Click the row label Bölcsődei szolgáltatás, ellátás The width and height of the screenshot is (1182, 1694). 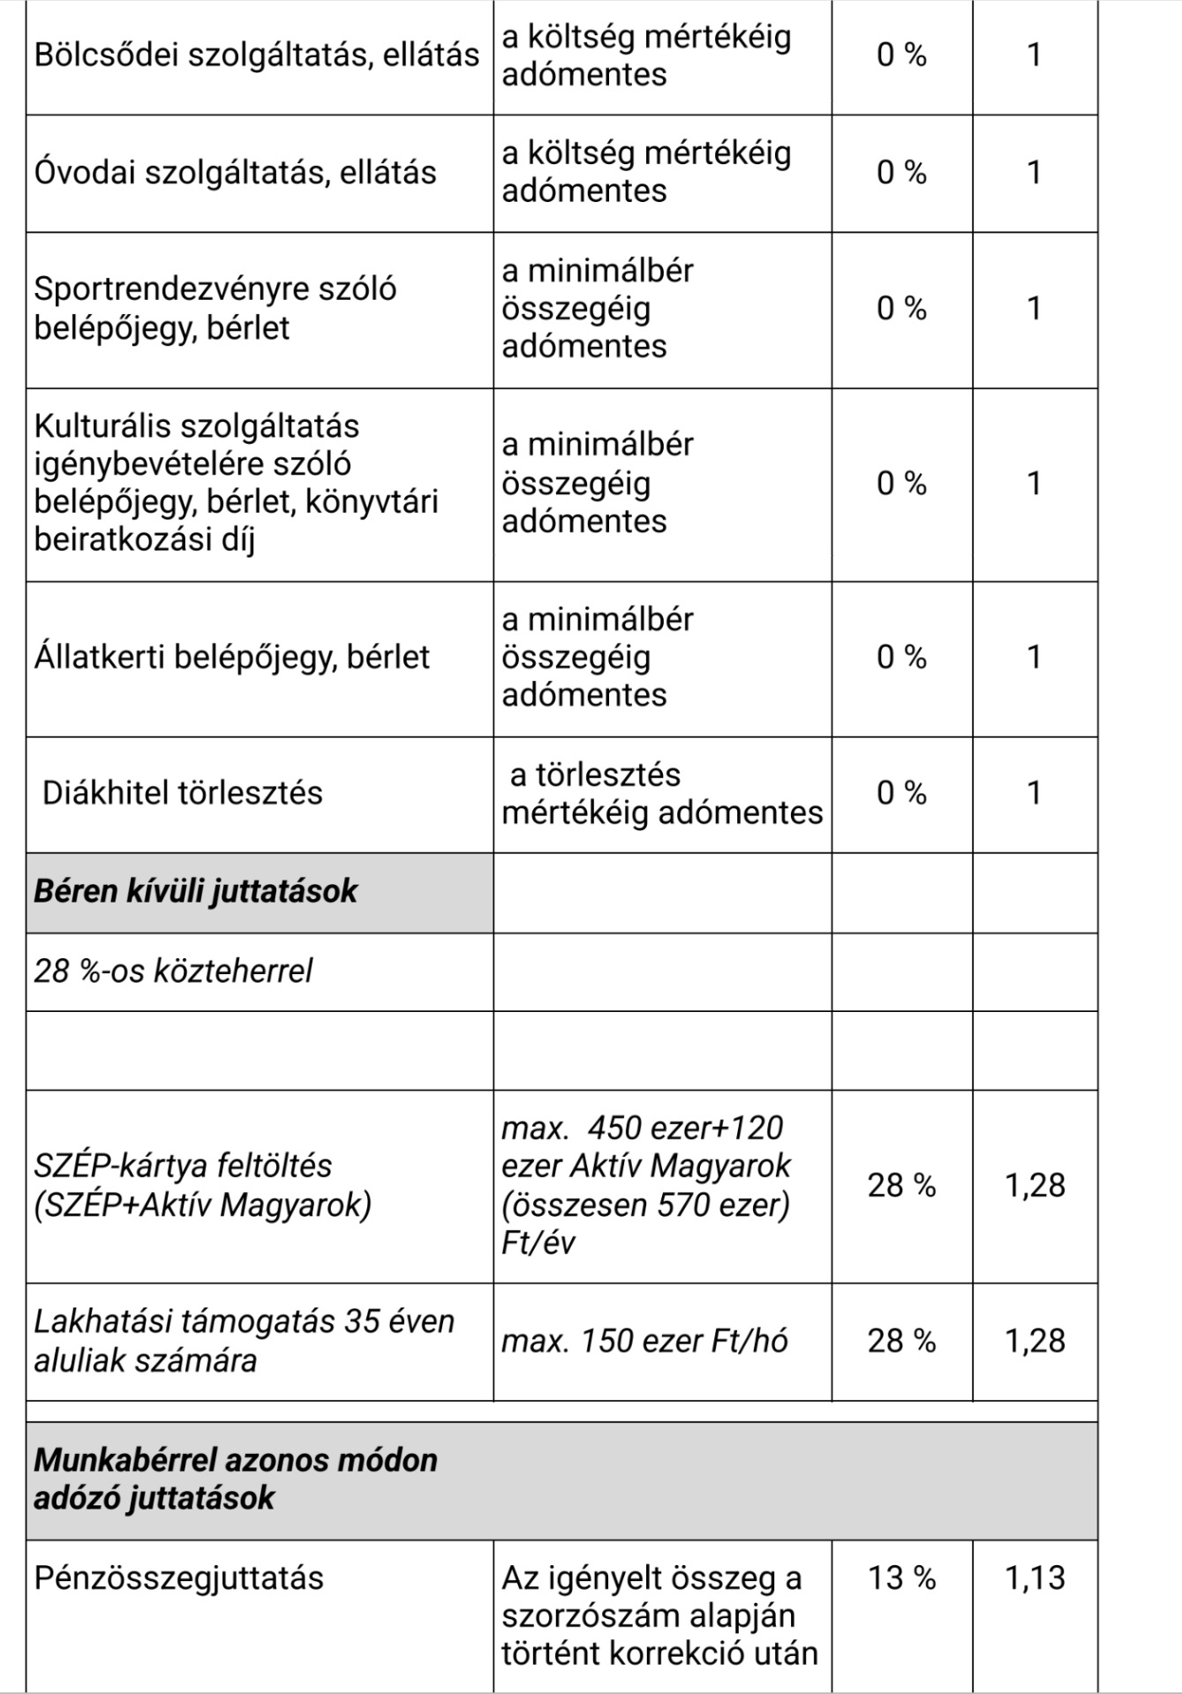point(256,55)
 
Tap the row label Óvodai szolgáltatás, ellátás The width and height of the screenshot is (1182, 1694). point(235,172)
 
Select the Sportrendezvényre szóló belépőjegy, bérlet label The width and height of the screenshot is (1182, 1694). point(215,308)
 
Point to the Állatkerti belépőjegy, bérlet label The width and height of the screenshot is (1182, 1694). point(231,657)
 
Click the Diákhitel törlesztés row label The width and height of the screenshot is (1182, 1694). point(183,792)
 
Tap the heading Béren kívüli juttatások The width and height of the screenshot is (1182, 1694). point(195,891)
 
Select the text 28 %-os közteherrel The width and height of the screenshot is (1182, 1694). point(173,971)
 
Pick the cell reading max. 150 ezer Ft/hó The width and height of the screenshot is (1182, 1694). point(644,1341)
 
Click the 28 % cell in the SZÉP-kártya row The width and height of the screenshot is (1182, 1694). point(901,1185)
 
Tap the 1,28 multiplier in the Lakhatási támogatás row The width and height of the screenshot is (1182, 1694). point(1035,1341)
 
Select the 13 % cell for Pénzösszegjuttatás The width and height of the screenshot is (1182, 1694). point(901,1578)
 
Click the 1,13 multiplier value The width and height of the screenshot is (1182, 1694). point(1035,1578)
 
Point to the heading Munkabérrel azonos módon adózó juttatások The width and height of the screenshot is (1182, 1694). point(236,1479)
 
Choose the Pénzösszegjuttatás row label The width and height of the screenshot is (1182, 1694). point(179,1578)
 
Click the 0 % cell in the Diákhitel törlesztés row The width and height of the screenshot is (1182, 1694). point(901,792)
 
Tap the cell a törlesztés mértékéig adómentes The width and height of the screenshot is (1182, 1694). point(662,793)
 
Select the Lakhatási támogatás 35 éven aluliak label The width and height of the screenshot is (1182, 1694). point(244,1341)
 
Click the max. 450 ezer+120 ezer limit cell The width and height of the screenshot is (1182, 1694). point(646,1185)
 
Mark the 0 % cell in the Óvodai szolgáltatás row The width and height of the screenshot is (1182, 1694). point(901,172)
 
